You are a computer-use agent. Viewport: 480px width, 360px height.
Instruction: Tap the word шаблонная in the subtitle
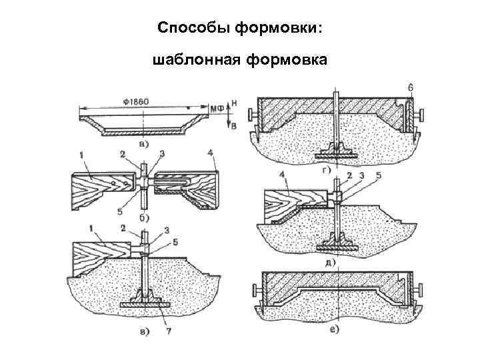pos(197,61)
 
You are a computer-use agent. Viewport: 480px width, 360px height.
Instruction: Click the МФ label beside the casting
pos(217,108)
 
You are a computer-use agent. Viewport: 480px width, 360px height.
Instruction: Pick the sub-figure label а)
pos(143,143)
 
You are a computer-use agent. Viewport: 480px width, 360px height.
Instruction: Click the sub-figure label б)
pos(143,217)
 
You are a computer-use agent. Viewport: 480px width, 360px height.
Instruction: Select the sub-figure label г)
pos(325,172)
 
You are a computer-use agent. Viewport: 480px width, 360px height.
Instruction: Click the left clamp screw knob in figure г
pos(253,116)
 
